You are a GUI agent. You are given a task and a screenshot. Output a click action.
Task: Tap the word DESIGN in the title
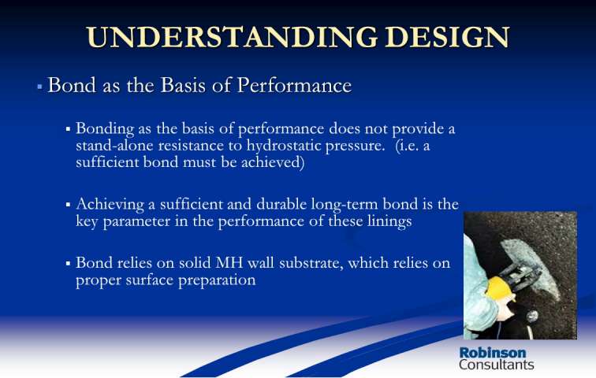pyautogui.click(x=447, y=38)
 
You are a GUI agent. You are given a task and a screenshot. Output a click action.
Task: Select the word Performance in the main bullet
pyautogui.click(x=294, y=85)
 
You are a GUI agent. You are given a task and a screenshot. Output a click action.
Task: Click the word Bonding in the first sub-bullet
pyautogui.click(x=105, y=129)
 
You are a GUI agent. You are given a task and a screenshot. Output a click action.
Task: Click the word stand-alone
pyautogui.click(x=114, y=146)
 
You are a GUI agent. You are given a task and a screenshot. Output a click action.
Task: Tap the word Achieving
pyautogui.click(x=110, y=205)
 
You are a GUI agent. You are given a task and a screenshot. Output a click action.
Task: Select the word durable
pyautogui.click(x=281, y=204)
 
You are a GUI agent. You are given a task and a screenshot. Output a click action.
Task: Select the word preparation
pyautogui.click(x=217, y=280)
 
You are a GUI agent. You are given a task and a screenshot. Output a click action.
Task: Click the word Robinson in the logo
pyautogui.click(x=493, y=353)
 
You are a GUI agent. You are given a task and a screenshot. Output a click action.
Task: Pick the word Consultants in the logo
pyautogui.click(x=497, y=365)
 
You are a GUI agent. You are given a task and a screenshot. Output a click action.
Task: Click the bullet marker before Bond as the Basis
pyautogui.click(x=39, y=87)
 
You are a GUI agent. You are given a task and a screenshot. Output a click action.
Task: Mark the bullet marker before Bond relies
pyautogui.click(x=68, y=263)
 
